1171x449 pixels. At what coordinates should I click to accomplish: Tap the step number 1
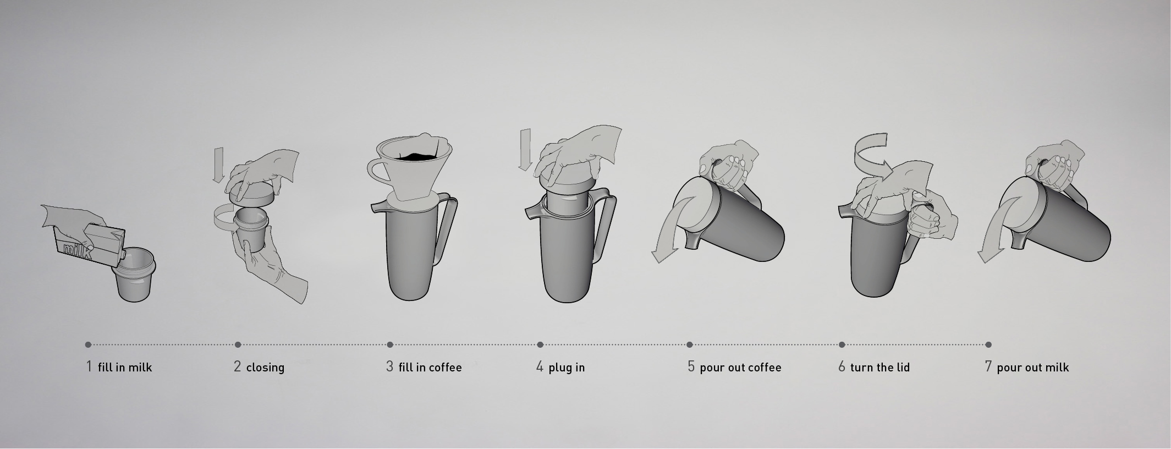click(x=89, y=366)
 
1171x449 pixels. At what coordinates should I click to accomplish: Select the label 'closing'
click(x=265, y=367)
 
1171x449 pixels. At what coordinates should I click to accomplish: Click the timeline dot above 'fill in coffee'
click(x=390, y=345)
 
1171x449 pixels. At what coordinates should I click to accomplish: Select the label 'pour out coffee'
click(x=740, y=368)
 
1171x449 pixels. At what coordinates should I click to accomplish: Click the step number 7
click(x=988, y=366)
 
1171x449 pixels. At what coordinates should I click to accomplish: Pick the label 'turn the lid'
click(x=880, y=367)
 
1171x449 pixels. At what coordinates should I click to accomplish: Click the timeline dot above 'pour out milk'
click(x=988, y=345)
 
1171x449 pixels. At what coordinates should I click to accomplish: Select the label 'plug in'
click(x=567, y=368)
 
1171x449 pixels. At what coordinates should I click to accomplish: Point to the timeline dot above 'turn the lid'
click(x=842, y=345)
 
